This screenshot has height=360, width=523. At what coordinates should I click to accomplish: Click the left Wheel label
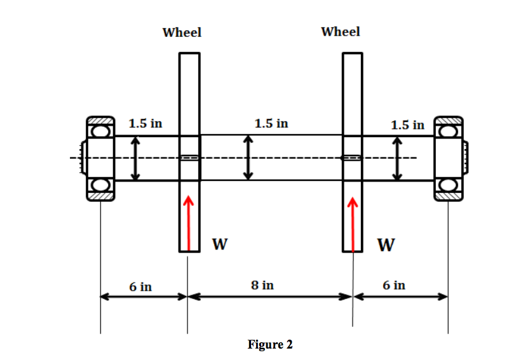tap(182, 32)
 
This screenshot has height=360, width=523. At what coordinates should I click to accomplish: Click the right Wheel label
tap(341, 32)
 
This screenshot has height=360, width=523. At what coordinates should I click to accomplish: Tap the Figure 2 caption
tap(270, 345)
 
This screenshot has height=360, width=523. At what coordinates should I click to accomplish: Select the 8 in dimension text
tap(262, 286)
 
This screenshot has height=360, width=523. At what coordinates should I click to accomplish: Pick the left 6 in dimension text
tap(140, 286)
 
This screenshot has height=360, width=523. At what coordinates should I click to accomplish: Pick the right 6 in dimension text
tap(394, 285)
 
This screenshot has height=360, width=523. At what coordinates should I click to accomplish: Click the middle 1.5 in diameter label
tap(271, 123)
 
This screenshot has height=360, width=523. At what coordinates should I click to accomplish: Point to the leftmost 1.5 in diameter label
tap(146, 123)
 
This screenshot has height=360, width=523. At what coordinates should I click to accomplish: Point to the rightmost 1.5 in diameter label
tap(408, 125)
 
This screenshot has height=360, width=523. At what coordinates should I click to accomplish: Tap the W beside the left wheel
tap(219, 244)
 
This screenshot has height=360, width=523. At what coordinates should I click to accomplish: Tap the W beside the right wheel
tap(384, 244)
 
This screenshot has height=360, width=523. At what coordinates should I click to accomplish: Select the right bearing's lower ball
tap(449, 186)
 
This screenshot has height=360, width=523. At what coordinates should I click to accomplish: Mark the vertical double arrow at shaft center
tap(248, 157)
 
